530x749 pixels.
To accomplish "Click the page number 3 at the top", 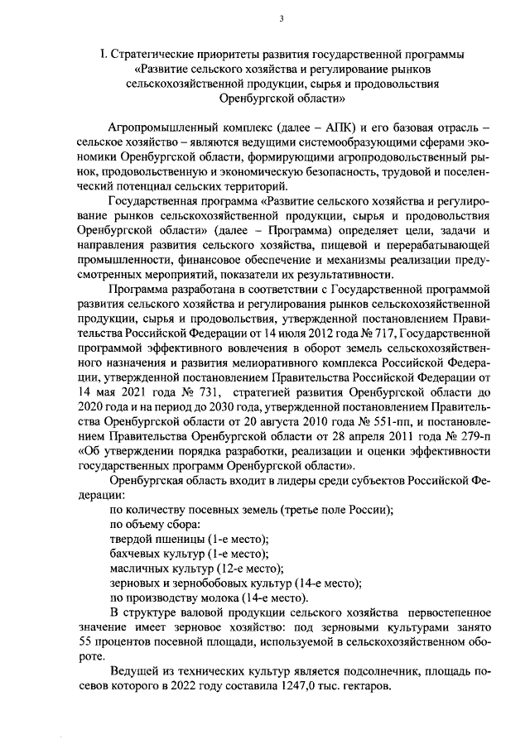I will [x=281, y=19].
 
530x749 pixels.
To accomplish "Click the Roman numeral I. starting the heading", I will [x=104, y=55].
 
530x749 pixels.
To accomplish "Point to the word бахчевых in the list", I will [x=134, y=553].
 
